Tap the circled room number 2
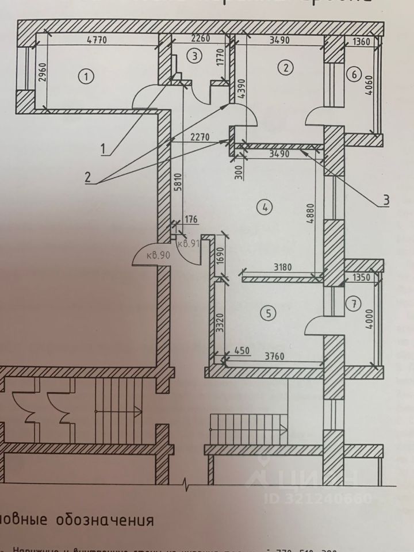pyautogui.click(x=285, y=68)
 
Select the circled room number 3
pyautogui.click(x=195, y=56)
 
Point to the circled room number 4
pyautogui.click(x=264, y=208)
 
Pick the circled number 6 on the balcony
pyautogui.click(x=354, y=74)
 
